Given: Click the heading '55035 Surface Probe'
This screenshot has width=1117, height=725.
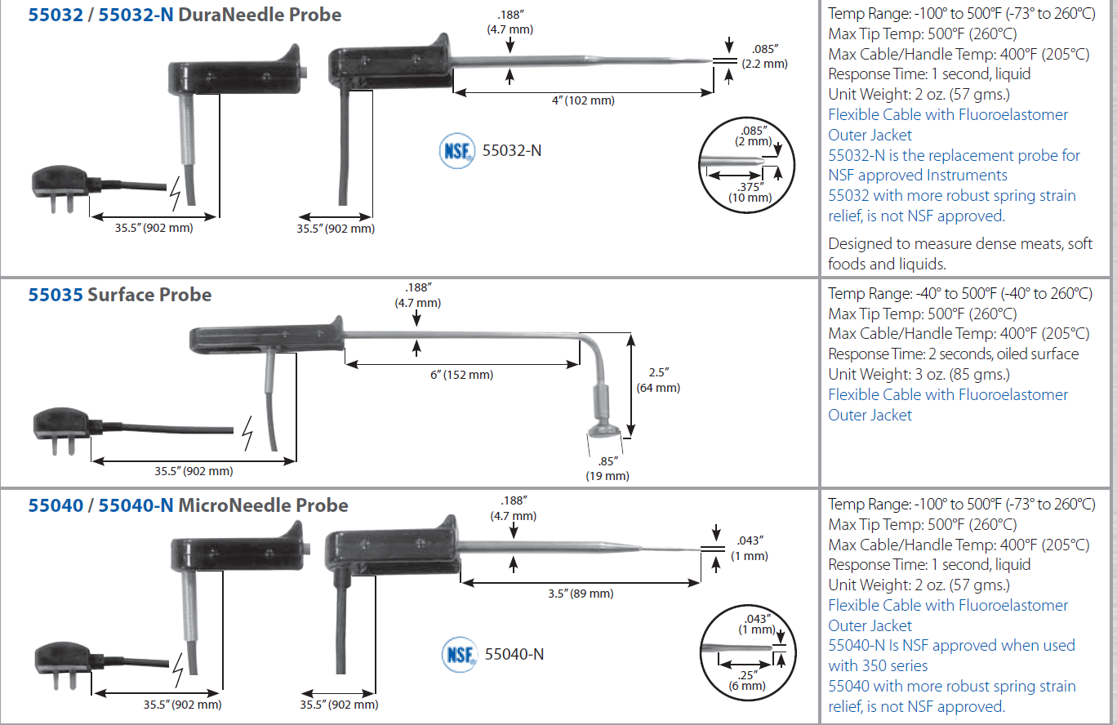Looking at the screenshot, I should click(120, 295).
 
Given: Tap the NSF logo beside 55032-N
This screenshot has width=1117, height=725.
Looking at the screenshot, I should click(456, 151).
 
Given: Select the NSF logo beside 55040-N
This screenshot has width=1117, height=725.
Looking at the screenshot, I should click(458, 654).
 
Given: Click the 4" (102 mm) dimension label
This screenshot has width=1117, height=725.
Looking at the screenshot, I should click(582, 100).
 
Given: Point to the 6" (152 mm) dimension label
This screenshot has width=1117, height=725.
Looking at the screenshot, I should click(461, 375).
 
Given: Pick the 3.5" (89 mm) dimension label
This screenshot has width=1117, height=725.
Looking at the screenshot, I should click(581, 594).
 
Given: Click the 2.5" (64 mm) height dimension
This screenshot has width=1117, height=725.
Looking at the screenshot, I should click(657, 380).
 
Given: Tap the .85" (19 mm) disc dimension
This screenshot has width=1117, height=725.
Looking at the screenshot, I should click(607, 468).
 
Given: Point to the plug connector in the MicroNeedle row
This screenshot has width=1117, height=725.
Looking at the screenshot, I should click(61, 662).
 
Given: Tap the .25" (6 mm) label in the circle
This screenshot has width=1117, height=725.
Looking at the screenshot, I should click(747, 679).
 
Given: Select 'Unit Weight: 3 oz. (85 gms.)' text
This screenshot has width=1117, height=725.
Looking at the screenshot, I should click(919, 374).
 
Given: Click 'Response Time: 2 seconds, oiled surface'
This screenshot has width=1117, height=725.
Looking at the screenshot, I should click(953, 354).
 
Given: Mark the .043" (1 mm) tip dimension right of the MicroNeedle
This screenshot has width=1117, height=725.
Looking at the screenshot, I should click(750, 548).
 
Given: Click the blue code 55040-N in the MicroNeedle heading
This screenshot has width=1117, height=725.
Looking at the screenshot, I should click(136, 505).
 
